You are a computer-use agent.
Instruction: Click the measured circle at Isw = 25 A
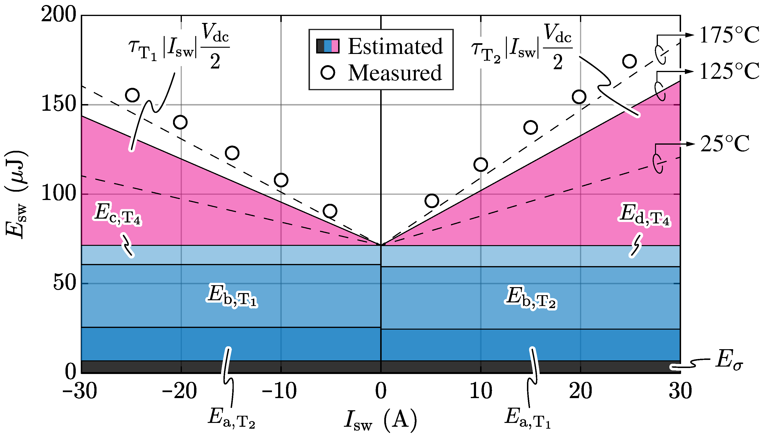(x=629, y=61)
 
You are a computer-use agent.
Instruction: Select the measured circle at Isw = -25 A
(x=132, y=95)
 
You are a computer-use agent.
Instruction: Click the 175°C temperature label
(x=729, y=35)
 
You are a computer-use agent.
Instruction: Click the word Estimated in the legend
(x=395, y=47)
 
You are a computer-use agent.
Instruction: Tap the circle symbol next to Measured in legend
(x=328, y=72)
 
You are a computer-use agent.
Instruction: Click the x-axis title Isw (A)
(x=381, y=419)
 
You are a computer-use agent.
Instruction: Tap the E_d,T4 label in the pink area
(x=644, y=215)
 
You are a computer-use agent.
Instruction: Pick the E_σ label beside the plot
(x=729, y=360)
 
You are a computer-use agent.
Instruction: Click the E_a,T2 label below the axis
(x=232, y=418)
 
